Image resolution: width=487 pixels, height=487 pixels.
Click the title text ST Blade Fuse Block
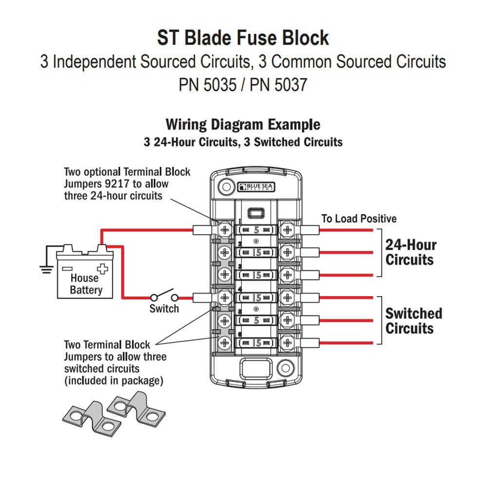click(243, 37)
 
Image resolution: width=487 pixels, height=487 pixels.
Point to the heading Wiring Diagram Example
click(243, 124)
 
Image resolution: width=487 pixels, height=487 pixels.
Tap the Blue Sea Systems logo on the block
click(256, 187)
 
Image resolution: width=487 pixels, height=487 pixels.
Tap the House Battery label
click(86, 284)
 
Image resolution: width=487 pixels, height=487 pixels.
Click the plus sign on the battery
click(102, 268)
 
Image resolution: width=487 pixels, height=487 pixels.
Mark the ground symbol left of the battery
click(46, 268)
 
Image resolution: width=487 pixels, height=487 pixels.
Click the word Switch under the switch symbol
click(164, 309)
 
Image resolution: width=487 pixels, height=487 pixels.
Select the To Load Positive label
click(359, 219)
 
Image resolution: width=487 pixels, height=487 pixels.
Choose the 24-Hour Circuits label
click(411, 252)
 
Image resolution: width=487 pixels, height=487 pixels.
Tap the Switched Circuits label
click(413, 320)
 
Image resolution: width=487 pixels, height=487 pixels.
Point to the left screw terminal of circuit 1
click(225, 229)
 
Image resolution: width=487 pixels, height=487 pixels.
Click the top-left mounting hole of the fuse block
click(225, 186)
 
